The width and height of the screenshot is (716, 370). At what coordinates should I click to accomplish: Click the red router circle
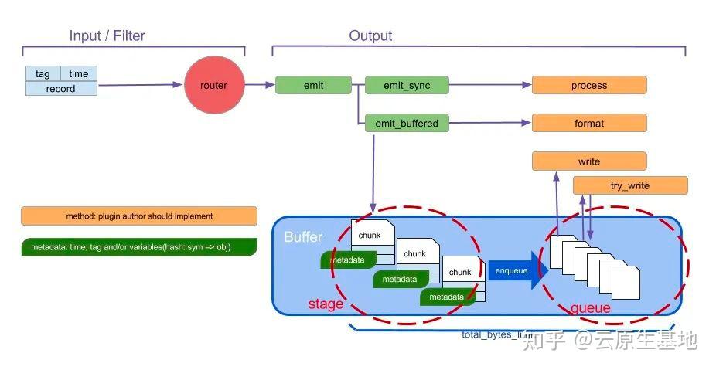[x=214, y=85]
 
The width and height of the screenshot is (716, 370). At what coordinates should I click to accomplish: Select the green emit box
[x=313, y=85]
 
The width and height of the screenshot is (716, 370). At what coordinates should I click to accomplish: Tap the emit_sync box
[x=407, y=85]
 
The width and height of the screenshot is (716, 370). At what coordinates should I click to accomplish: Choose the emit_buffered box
[x=407, y=123]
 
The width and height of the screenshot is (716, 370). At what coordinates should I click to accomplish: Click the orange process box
[x=589, y=85]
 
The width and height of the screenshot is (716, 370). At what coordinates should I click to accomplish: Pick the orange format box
[x=589, y=123]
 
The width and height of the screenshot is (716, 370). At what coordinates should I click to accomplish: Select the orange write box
[x=589, y=161]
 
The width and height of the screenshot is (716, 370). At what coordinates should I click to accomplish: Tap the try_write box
[x=630, y=185]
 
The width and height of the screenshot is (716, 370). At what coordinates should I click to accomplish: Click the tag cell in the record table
[x=43, y=74]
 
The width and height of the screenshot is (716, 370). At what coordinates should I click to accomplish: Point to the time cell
[x=79, y=74]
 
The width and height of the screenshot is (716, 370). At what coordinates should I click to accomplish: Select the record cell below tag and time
[x=61, y=89]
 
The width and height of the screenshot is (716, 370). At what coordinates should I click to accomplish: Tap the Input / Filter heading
[x=107, y=36]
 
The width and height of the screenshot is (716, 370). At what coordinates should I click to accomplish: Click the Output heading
[x=370, y=36]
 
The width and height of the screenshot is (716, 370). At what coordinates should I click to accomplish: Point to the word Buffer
[x=303, y=236]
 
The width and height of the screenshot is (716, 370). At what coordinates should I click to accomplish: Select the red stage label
[x=326, y=304]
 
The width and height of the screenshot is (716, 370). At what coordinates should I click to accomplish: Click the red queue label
[x=591, y=308]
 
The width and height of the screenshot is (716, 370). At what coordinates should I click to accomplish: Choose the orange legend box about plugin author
[x=139, y=216]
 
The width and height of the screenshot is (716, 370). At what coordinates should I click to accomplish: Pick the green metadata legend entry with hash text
[x=139, y=247]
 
